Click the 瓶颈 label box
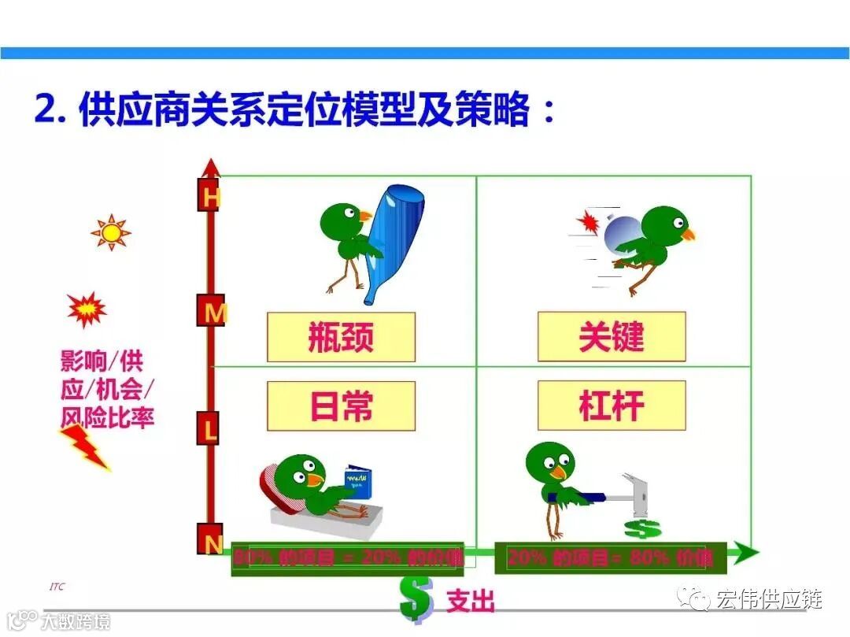pos(341,337)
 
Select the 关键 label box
pos(612,337)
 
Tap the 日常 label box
pos(341,406)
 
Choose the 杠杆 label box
pos(612,406)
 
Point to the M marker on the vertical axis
pos(211,313)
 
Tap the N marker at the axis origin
pos(210,542)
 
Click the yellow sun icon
pos(110,233)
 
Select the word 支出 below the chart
pos(471,602)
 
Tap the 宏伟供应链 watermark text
pos(768,599)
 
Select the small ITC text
pos(57,587)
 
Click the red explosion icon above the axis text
pos(86,309)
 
